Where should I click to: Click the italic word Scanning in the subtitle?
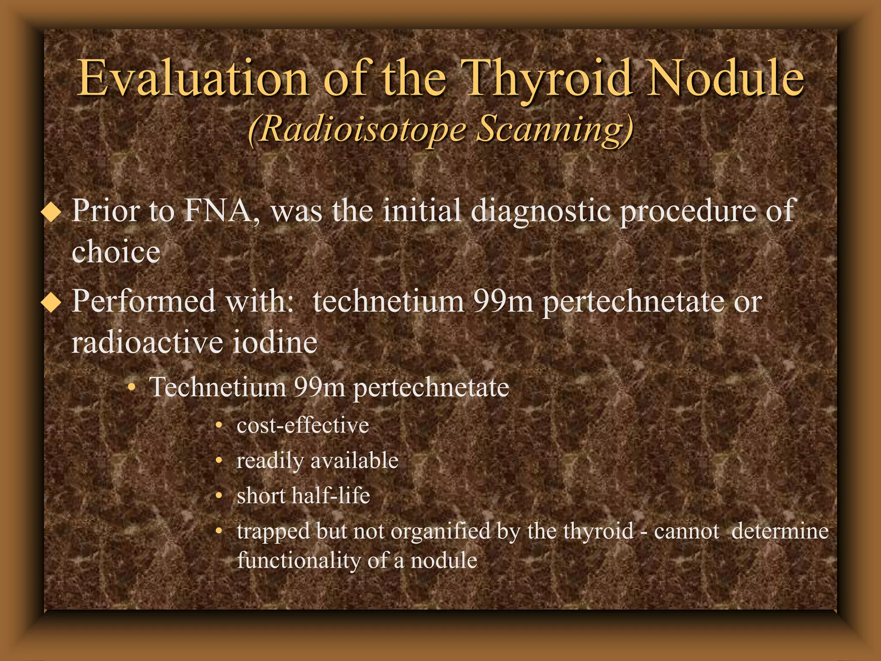coord(555,130)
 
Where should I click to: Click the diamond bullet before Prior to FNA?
coord(52,212)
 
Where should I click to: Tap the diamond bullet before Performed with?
coord(52,303)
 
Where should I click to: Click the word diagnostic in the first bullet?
coord(540,212)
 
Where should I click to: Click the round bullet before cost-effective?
coord(219,426)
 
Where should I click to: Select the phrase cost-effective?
coord(302,426)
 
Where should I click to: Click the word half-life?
coord(330,496)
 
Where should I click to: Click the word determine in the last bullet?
coord(779,531)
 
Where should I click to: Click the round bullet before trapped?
coord(219,531)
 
